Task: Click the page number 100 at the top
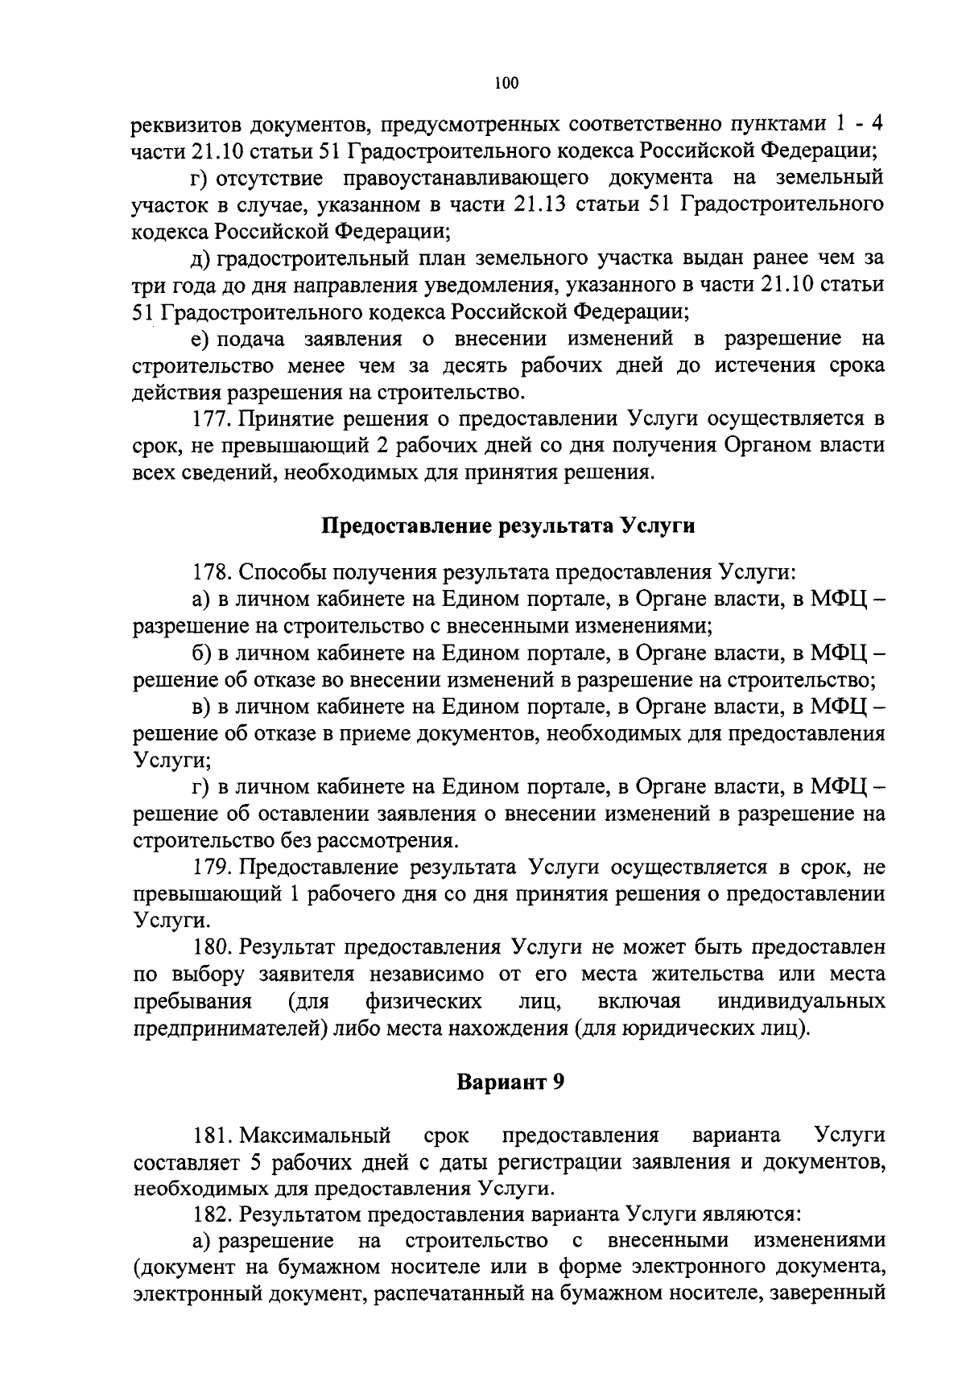[507, 82]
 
